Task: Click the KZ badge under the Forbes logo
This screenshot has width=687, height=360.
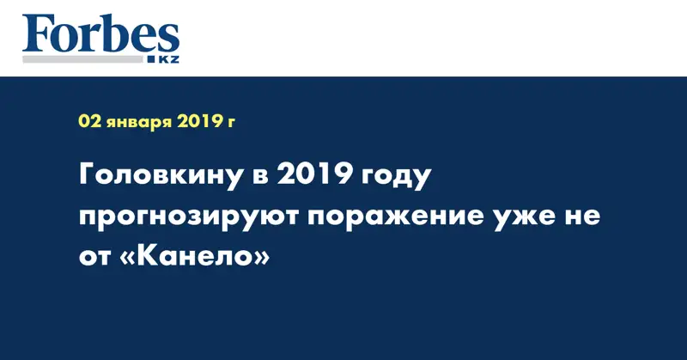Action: click(x=166, y=60)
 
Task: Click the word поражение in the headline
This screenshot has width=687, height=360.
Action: click(x=391, y=218)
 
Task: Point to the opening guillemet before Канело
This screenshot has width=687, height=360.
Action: click(x=127, y=256)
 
